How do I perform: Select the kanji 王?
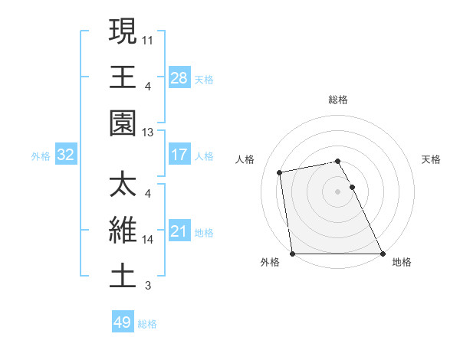point(123,77)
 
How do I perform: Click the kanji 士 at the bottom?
point(123,277)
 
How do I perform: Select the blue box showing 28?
point(179,77)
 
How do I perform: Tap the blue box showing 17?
point(179,155)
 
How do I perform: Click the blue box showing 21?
point(179,231)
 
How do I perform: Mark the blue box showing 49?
point(123,322)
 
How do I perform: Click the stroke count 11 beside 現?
point(148,38)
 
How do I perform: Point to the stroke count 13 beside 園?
point(148,133)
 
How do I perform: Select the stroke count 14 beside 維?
point(148,240)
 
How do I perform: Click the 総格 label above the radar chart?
point(338,100)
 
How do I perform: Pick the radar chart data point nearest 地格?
point(383,254)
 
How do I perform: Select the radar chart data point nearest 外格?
point(293,254)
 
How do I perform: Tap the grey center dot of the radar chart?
point(338,191)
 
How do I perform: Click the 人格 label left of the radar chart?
point(246,159)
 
